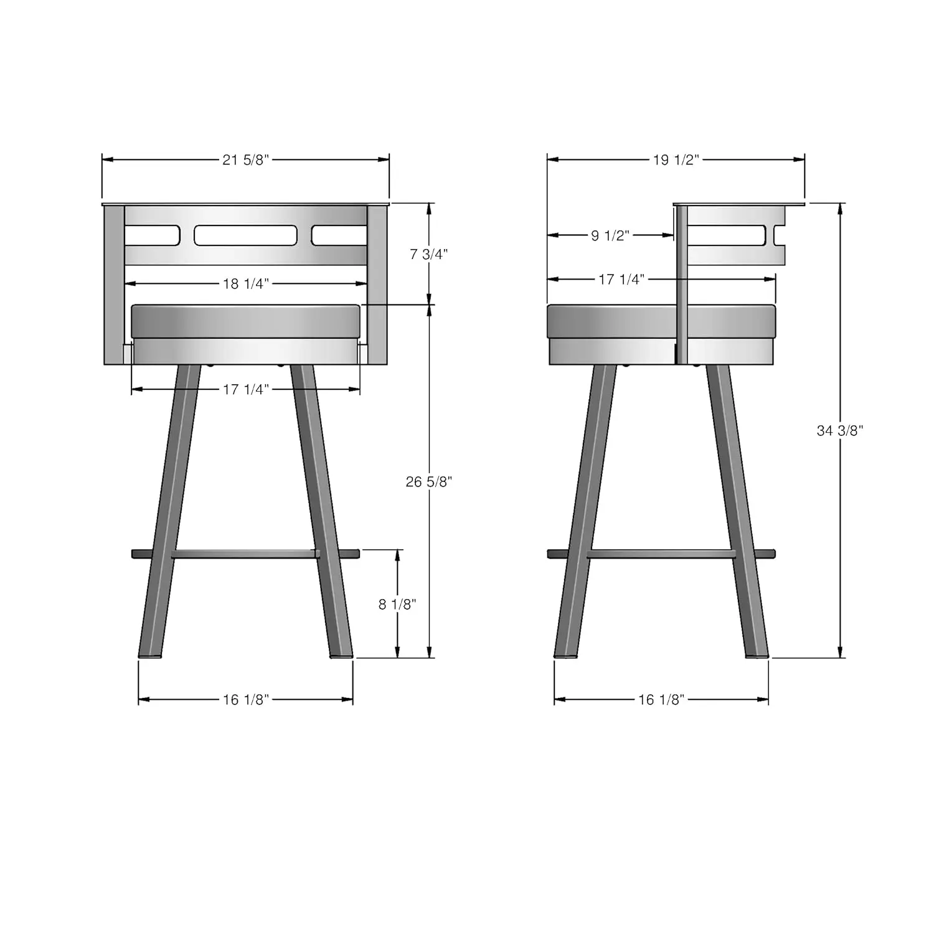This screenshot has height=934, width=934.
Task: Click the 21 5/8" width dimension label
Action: point(245,160)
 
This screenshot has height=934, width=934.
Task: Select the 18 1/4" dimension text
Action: point(245,284)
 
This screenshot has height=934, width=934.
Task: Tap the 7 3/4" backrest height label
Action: point(428,254)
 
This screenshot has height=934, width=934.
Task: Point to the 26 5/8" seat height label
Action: point(428,482)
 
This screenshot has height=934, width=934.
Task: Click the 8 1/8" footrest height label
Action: point(397,604)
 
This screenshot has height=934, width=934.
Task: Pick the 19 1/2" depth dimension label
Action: point(676,160)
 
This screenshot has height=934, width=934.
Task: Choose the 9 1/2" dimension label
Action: point(610,235)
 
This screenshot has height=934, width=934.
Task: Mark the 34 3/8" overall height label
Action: point(840,430)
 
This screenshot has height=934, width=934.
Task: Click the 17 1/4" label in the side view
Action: point(621,280)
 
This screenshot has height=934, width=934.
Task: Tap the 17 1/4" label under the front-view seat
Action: point(245,390)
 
